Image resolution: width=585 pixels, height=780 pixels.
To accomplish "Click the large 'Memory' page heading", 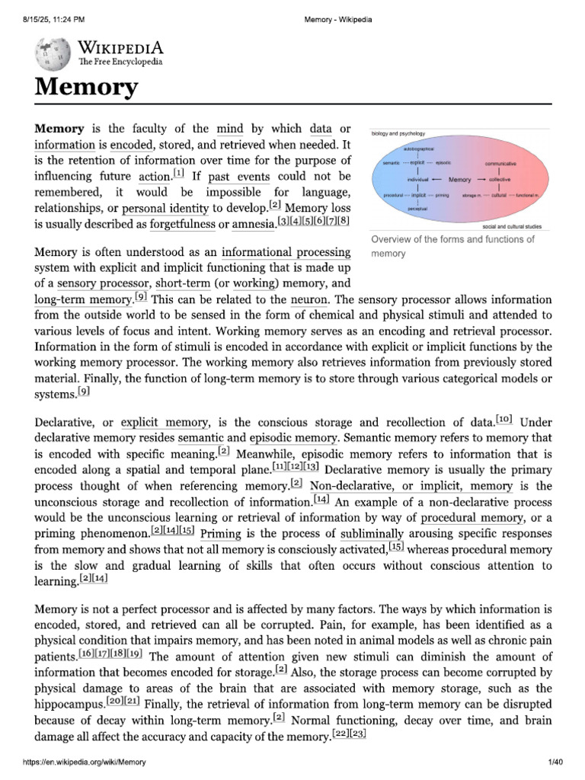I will tap(85, 87).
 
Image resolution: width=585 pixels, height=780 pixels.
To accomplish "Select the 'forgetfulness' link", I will tap(182, 223).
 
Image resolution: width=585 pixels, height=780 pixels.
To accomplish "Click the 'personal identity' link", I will tap(165, 207).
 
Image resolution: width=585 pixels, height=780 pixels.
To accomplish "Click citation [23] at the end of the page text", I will tap(358, 734).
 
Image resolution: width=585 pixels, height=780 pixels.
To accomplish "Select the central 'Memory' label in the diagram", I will tap(459, 179).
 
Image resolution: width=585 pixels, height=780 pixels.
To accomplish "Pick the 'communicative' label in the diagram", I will tap(500, 163).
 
